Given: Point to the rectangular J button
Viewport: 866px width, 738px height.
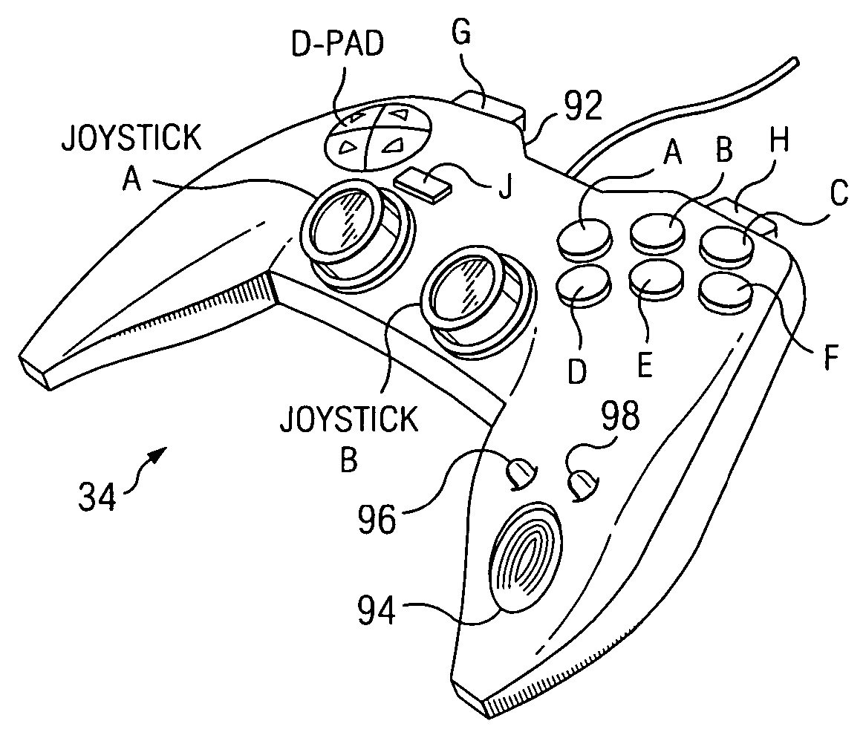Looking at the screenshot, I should [423, 181].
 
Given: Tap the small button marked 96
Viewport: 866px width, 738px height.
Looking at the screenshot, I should [520, 472].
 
